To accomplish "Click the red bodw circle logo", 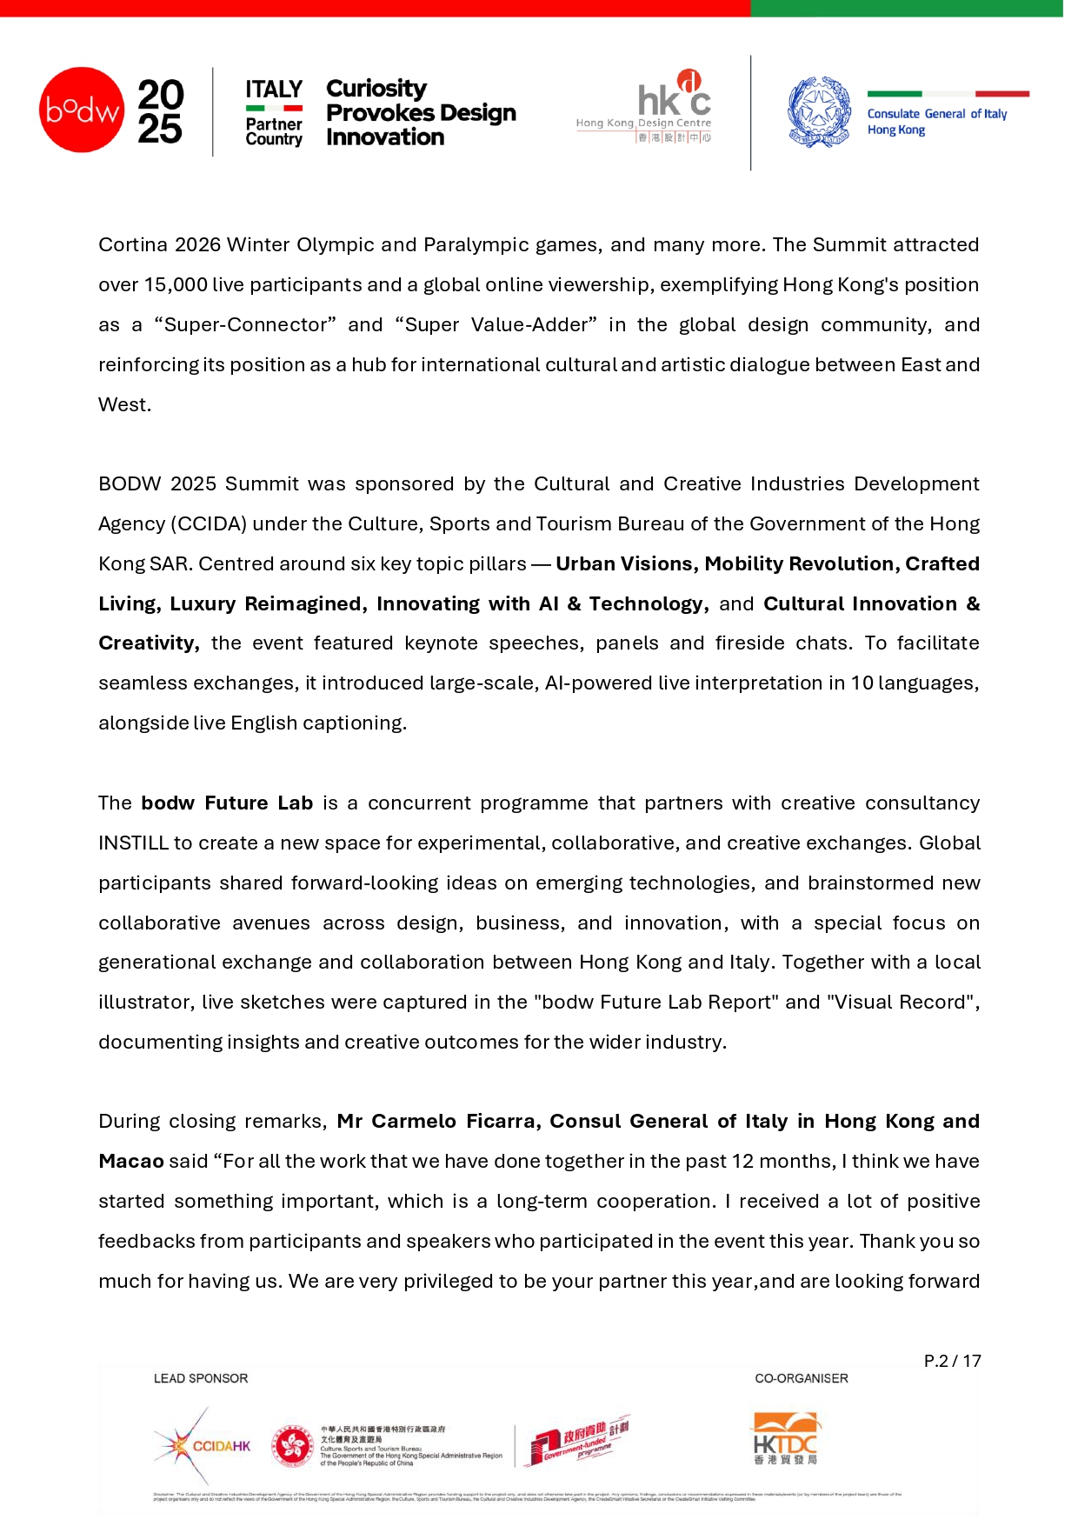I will (x=82, y=110).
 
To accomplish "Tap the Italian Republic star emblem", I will (x=819, y=112).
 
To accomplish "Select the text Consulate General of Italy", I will (x=936, y=114).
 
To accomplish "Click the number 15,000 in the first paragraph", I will (x=176, y=285).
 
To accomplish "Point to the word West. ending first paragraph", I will (x=124, y=405).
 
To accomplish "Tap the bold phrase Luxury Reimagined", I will (x=266, y=604).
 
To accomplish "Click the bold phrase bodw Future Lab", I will (x=227, y=803).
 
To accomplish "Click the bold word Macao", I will (x=131, y=1162).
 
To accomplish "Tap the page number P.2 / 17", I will (x=952, y=1362).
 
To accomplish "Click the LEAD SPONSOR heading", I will (x=201, y=1379).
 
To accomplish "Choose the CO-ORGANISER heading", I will (x=802, y=1379).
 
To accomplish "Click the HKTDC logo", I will (x=786, y=1440).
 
